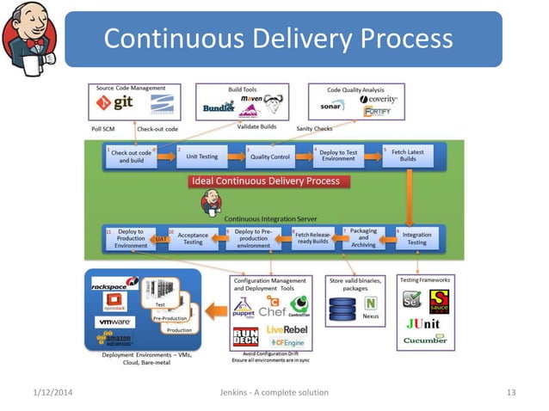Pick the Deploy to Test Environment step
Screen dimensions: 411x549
coord(338,156)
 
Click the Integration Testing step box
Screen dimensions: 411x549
coord(416,238)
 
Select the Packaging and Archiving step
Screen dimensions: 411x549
coord(363,238)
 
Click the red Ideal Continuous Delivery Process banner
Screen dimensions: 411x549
coord(265,181)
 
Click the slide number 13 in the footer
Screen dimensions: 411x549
coord(510,393)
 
